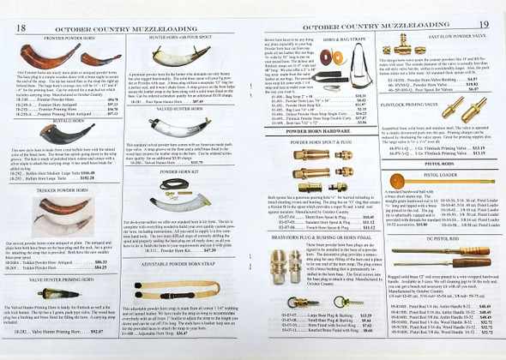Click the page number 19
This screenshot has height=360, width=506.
click(x=485, y=27)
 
